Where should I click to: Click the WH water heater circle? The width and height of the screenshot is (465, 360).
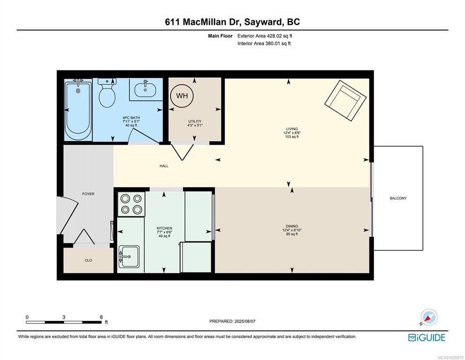coord(182,96)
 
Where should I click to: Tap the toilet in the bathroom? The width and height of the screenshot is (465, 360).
coord(107,93)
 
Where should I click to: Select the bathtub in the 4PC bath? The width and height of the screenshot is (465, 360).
coord(78,110)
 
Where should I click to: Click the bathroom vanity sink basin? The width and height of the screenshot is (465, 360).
coord(145,90)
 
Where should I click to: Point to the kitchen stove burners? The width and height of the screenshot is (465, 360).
coord(132,204)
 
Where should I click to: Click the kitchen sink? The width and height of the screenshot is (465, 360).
coord(129,257)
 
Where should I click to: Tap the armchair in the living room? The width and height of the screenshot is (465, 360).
coord(346,100)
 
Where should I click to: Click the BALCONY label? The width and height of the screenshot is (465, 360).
coord(398,198)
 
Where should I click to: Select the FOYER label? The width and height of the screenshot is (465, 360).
coord(89,194)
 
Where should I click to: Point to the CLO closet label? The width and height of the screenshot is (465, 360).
coord(89,260)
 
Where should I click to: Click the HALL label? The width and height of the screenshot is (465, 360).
coord(164,166)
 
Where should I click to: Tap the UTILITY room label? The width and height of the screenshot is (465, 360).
coord(195,121)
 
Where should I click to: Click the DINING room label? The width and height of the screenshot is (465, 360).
coord(292,226)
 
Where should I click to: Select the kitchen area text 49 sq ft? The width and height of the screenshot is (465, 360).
coord(164,236)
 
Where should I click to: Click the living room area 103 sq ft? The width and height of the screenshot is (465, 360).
coord(292,136)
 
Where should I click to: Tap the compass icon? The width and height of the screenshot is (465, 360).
coord(429,317)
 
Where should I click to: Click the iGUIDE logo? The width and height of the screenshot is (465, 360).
coord(427,338)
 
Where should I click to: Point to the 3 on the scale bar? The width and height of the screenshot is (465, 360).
coord(64,317)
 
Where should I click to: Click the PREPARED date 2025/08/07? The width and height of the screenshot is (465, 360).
coord(245,321)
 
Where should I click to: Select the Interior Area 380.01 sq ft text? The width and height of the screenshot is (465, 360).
coord(264,43)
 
